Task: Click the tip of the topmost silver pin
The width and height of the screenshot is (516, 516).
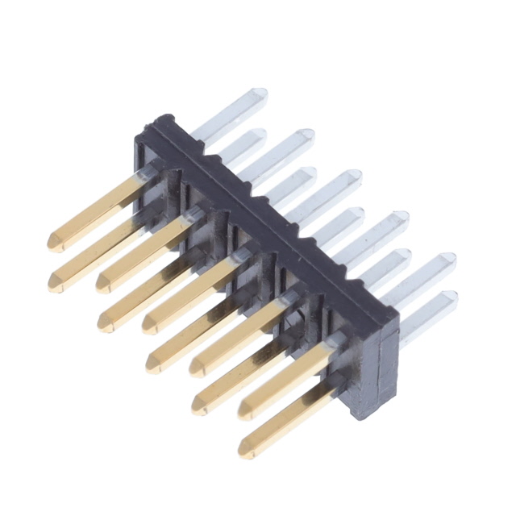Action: [260, 95]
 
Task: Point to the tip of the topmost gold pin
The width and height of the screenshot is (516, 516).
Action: [53, 241]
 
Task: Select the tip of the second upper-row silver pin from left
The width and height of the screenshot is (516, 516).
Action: [307, 135]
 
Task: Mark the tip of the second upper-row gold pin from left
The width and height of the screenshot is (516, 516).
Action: [102, 281]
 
